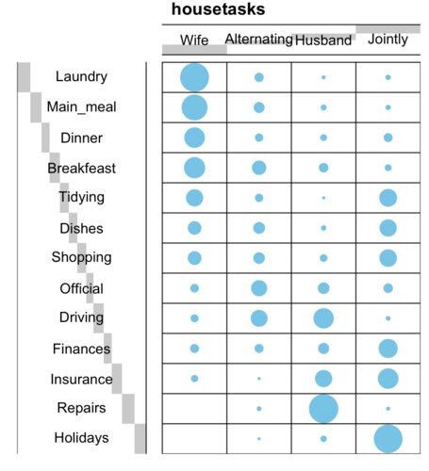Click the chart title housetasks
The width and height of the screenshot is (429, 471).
pos(218,9)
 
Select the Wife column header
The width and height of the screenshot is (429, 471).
pos(194,41)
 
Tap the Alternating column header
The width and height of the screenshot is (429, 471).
pos(258,40)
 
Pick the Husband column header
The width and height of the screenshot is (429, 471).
pos(323,41)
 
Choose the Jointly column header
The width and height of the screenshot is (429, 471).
pos(388,40)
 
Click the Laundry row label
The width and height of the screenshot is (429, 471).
pos(81,76)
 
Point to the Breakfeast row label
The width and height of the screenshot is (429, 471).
pos(81,169)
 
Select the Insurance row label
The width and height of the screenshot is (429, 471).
pos(81,380)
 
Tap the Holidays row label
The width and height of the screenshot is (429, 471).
pos(81,438)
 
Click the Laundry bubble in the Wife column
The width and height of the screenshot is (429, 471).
pos(194,77)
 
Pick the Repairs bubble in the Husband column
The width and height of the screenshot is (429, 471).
pos(323,409)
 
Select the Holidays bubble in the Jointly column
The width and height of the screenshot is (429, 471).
pos(388,439)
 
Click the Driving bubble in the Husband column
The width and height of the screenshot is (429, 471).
pos(323,318)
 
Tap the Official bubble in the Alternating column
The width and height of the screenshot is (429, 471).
pos(259,288)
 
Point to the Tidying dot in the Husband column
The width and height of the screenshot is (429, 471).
pos(323,198)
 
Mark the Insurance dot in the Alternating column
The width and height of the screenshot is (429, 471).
pos(259,379)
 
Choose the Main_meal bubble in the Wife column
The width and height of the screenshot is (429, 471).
pos(194,107)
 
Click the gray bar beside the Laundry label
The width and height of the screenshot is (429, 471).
pos(24,77)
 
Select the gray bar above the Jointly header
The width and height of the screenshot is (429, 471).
pos(388,29)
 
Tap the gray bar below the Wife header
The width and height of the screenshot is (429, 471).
pos(194,49)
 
